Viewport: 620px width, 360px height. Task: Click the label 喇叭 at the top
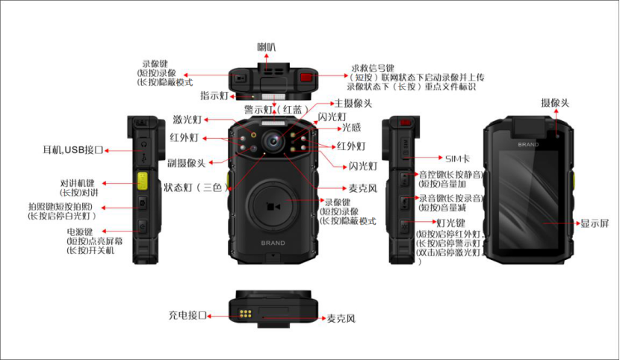tap(267, 47)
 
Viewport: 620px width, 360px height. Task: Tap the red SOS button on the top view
tap(306, 77)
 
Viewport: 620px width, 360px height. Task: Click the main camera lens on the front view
tap(273, 140)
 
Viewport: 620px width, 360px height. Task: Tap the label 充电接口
tap(186, 315)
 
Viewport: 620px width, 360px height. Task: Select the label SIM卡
tap(457, 158)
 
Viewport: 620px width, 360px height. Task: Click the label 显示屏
tap(595, 223)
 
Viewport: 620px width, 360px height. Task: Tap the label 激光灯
tap(187, 120)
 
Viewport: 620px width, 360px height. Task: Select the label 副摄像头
tap(187, 163)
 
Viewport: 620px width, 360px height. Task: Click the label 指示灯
tap(214, 96)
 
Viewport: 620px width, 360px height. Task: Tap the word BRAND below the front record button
tap(273, 243)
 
